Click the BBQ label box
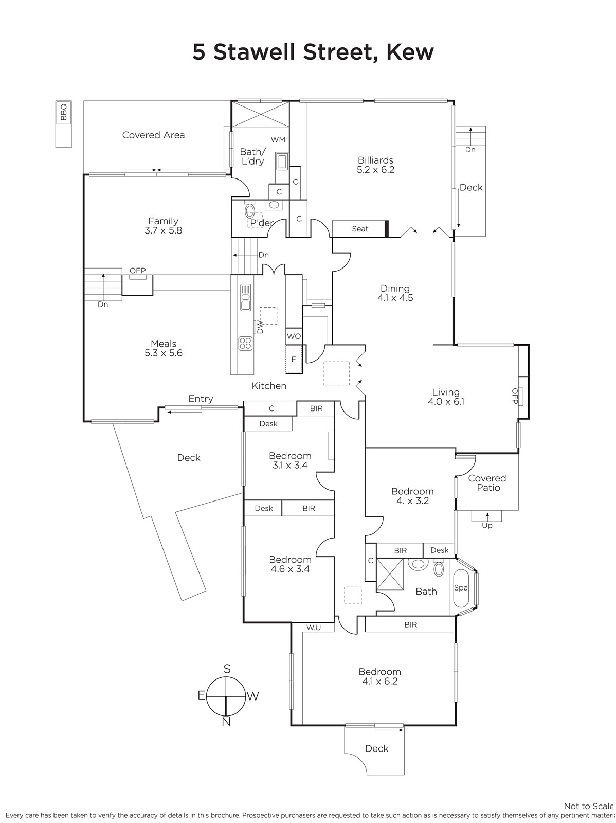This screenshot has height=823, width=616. click(x=63, y=112)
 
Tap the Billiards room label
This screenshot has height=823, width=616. click(x=375, y=160)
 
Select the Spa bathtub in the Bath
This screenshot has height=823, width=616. click(x=461, y=588)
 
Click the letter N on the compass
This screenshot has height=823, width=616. click(x=226, y=721)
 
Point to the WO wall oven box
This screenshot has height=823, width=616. click(x=294, y=336)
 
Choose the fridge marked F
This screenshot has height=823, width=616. click(x=294, y=359)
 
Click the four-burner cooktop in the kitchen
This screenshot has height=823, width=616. click(x=245, y=343)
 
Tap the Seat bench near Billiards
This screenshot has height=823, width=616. click(x=360, y=229)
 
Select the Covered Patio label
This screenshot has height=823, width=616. click(x=487, y=482)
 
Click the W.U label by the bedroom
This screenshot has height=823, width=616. click(x=314, y=627)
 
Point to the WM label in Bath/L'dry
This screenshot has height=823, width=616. click(x=278, y=139)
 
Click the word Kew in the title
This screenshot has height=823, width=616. click(x=410, y=52)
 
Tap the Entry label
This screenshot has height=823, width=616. click(x=201, y=399)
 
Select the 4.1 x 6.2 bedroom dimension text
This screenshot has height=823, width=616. click(x=379, y=681)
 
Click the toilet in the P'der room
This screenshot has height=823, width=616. click(x=250, y=211)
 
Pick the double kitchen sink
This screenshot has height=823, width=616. click(x=245, y=298)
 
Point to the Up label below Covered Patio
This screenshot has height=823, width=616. click(x=487, y=526)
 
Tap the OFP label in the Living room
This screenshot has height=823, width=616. click(x=515, y=396)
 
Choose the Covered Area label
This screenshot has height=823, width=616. click(x=153, y=135)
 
